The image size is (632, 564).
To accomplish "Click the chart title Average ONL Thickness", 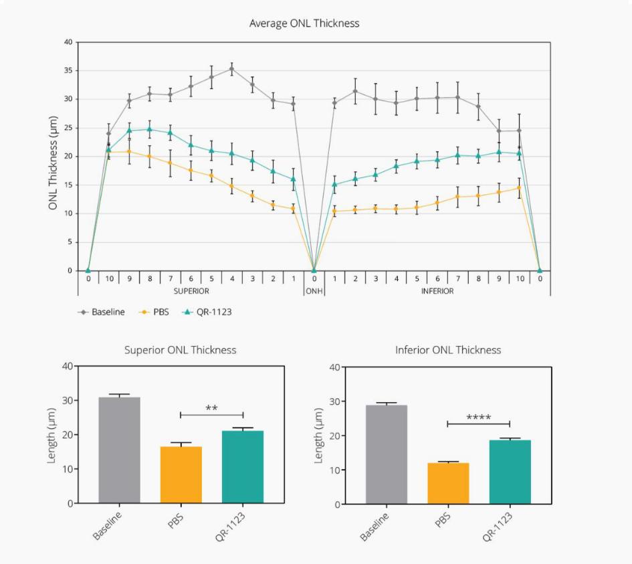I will pos(304,23).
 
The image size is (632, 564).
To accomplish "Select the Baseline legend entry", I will pos(108,312).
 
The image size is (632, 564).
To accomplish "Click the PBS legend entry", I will pos(160,312).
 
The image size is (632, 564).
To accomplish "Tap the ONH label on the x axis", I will pos(314,291).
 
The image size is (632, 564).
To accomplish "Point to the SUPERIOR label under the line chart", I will pos(191,291).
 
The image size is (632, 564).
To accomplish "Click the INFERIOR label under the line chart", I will pos(437,291).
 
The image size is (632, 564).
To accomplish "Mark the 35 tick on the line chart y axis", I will pos(69,70).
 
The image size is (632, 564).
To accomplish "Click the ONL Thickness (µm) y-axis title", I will pos(53,163).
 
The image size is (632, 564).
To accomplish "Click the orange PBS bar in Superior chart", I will pos(181,474).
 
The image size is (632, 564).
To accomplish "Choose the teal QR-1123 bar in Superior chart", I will pos(242,466).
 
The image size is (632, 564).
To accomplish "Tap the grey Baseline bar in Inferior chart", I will pos(386,454).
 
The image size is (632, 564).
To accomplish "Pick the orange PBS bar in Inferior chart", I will pos(447,483).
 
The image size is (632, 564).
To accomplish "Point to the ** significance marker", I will pos(211,407).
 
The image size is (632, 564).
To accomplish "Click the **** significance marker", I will pos(478,417).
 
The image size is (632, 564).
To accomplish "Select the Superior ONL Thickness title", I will pos(180,350).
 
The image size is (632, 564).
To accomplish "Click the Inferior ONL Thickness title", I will pos(447,350).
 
